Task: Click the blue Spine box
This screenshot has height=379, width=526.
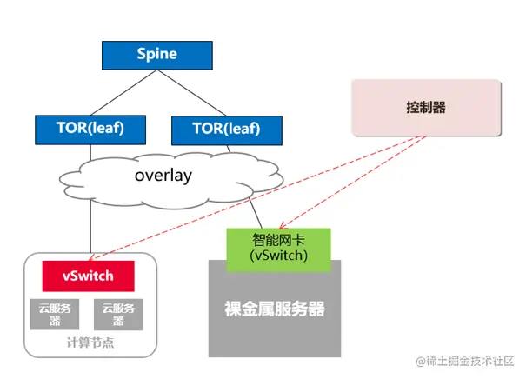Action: tap(156, 55)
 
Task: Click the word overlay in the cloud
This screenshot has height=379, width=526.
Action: tap(163, 175)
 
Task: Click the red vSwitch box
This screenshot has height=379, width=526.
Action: tap(89, 276)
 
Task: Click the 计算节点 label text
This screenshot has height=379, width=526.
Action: tap(90, 342)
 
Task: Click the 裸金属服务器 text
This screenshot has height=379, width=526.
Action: tap(275, 309)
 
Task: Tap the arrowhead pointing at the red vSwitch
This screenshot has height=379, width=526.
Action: tap(90, 258)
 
